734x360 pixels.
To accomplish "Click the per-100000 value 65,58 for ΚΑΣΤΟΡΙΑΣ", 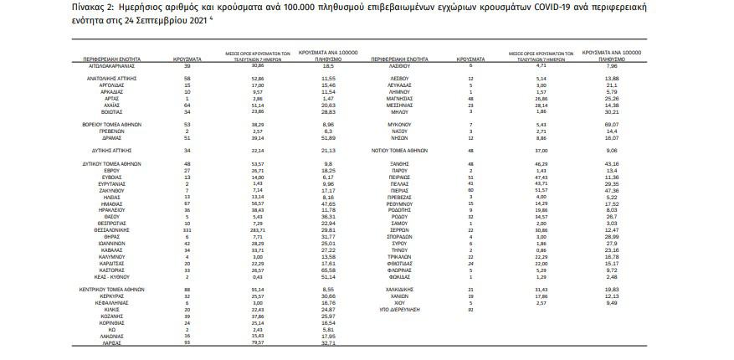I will [305, 270].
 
